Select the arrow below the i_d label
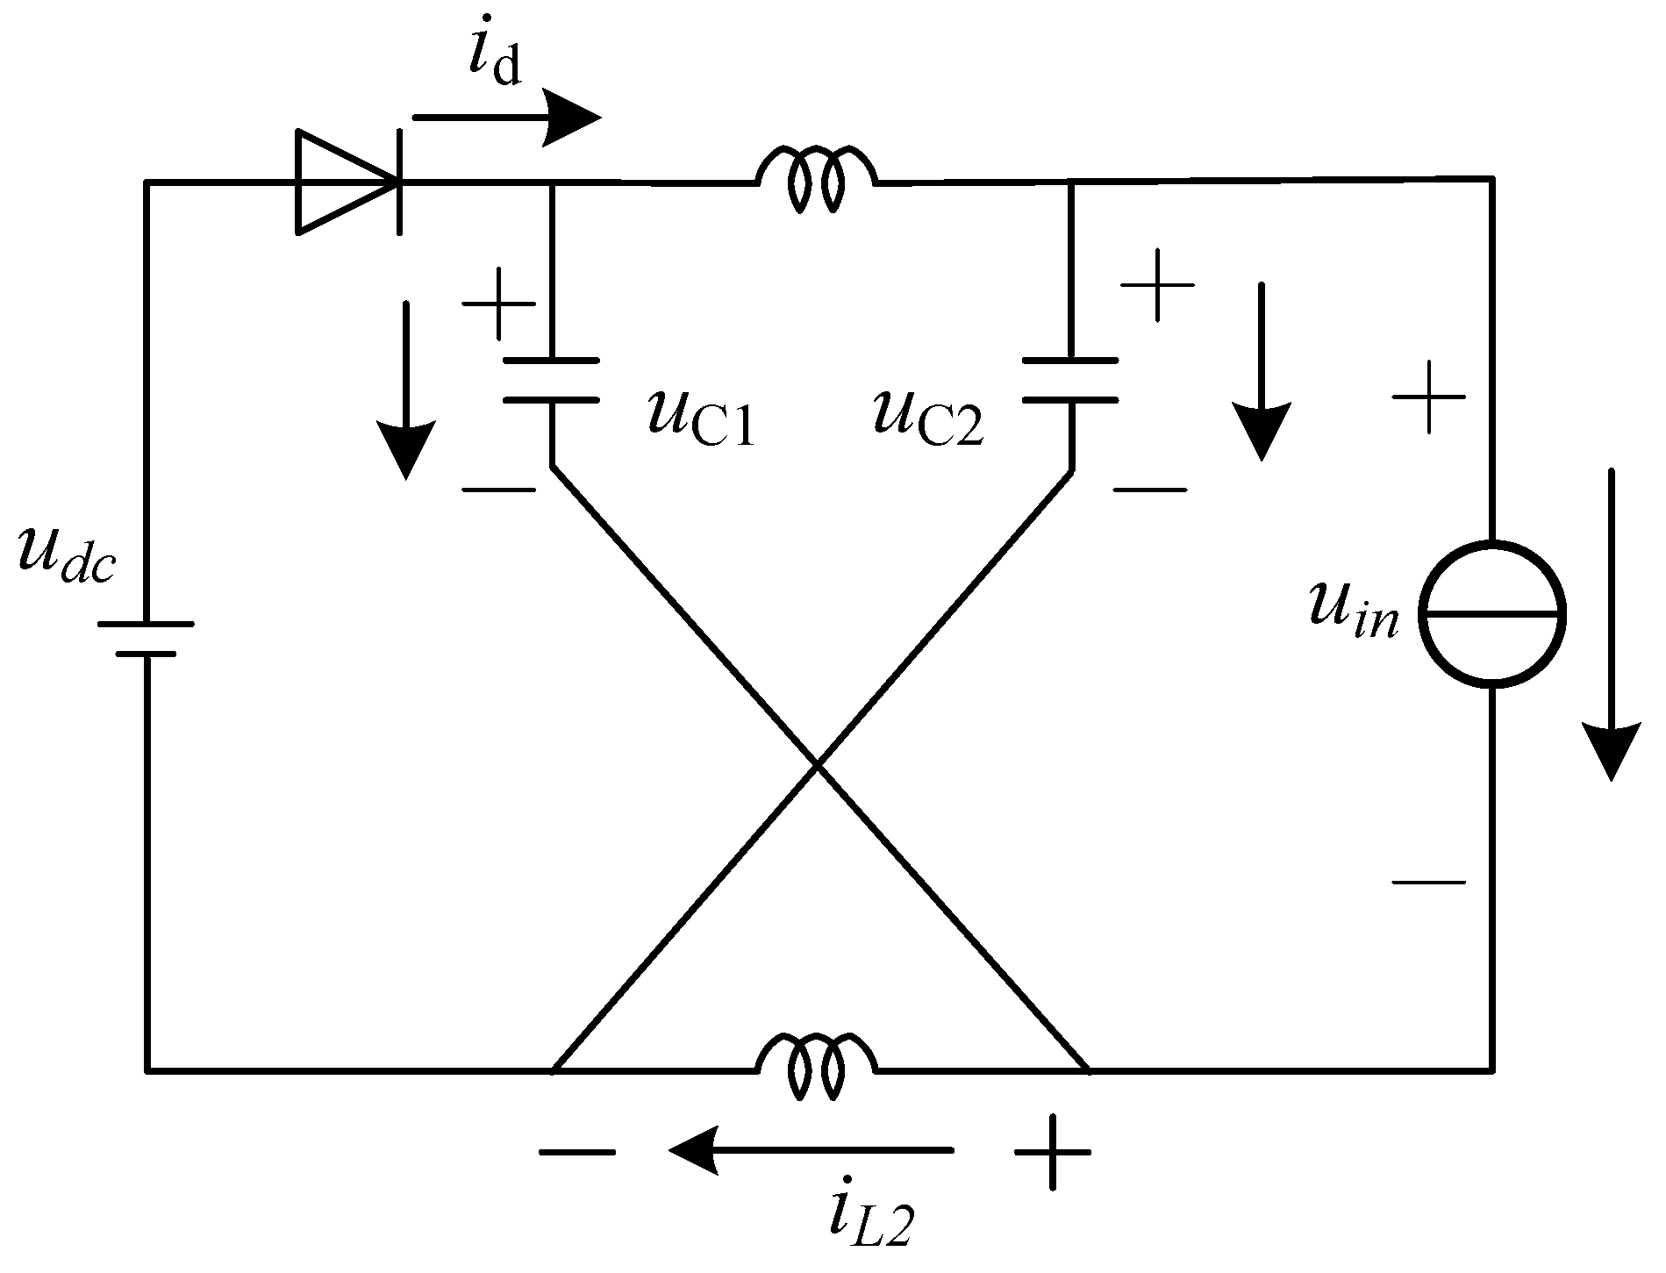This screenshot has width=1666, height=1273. (x=507, y=118)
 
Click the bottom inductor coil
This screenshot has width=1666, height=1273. (x=817, y=1065)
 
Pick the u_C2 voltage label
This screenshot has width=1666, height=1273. (x=928, y=419)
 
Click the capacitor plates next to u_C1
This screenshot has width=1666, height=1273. (x=551, y=380)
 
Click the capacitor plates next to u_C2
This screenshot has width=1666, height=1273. (x=1070, y=380)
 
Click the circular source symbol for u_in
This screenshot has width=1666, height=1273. (x=1491, y=614)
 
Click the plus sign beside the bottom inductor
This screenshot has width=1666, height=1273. (x=1053, y=1151)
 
